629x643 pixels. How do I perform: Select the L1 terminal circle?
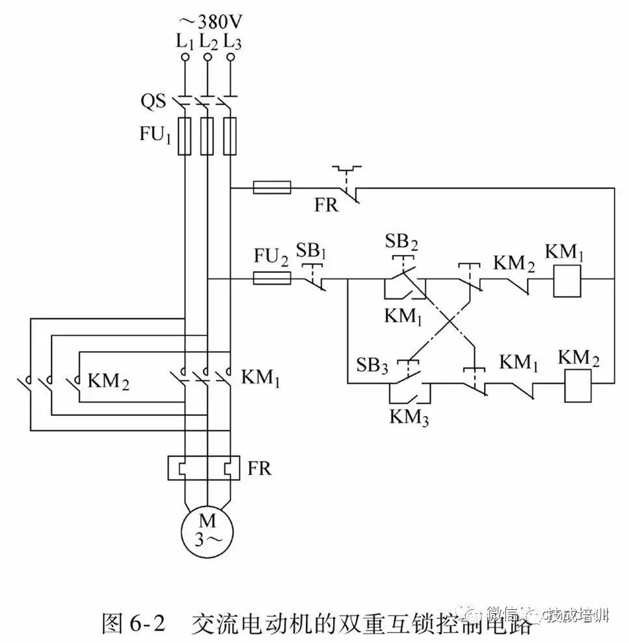point(185,58)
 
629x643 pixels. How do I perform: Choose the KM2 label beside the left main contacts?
point(108,381)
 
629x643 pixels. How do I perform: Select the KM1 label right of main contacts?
point(260,377)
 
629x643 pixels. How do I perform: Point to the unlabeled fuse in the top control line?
point(271,189)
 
